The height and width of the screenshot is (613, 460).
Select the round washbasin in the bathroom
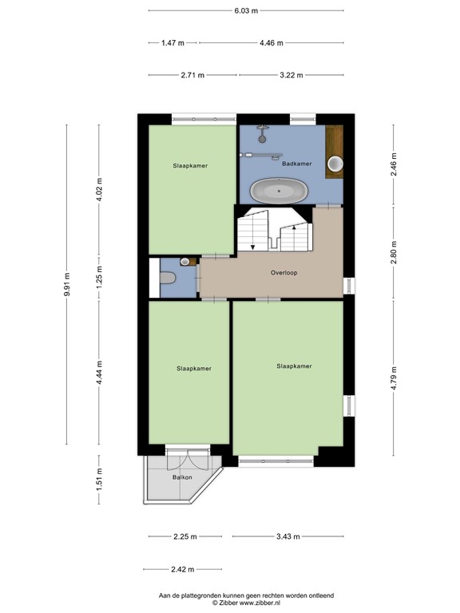coord(337,164)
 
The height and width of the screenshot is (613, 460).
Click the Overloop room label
coord(284,272)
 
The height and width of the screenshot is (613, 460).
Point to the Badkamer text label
coord(297,164)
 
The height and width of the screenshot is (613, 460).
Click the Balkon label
coord(182,477)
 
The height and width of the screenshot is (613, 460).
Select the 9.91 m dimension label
coord(68,285)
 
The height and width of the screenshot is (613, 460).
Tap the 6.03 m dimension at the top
coord(246,11)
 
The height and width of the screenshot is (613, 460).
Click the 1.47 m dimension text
coord(173,43)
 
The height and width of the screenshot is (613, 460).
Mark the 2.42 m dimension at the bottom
coord(183,569)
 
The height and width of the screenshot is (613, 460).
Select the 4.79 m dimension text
coord(395,375)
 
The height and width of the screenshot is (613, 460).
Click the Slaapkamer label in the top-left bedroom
coord(191,166)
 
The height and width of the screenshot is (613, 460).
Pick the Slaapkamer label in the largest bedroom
coord(294,366)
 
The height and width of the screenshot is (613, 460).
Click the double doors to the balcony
coord(186,459)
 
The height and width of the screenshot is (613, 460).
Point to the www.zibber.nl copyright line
coord(246,603)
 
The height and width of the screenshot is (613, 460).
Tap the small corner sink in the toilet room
coord(185,261)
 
